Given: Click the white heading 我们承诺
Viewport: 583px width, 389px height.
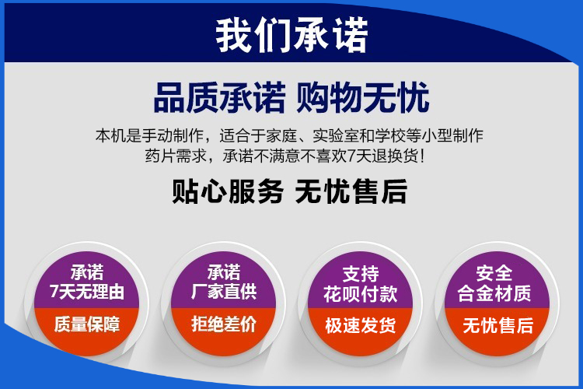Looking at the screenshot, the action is (291, 34).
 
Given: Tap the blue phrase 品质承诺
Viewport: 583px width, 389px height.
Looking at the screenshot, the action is (220, 97).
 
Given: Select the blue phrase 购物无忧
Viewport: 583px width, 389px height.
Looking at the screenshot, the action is (363, 97).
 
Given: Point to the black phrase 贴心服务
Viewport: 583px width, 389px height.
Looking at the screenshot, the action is (228, 191).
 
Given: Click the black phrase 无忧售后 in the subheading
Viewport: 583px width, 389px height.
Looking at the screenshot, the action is (351, 191).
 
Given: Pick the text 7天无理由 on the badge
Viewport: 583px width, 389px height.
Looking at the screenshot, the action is (87, 292).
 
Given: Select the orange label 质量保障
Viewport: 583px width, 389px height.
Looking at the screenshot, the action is (87, 324).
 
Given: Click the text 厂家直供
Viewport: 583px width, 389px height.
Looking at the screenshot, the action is (224, 292).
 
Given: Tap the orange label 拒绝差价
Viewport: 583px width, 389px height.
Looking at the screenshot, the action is (224, 324).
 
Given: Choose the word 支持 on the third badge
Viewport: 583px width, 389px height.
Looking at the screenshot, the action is (361, 275).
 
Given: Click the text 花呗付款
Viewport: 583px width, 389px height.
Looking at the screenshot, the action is (360, 294).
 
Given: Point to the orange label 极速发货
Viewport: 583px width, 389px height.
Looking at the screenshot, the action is (360, 325).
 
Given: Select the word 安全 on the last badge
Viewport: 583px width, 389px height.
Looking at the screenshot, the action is (494, 273).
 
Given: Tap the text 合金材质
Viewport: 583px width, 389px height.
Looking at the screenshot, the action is (494, 293).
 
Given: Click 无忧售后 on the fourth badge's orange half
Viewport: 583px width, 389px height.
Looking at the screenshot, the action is (497, 326).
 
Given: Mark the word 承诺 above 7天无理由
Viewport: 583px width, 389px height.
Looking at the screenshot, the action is (87, 272).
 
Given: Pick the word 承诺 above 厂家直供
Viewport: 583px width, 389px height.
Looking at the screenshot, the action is (224, 272).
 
